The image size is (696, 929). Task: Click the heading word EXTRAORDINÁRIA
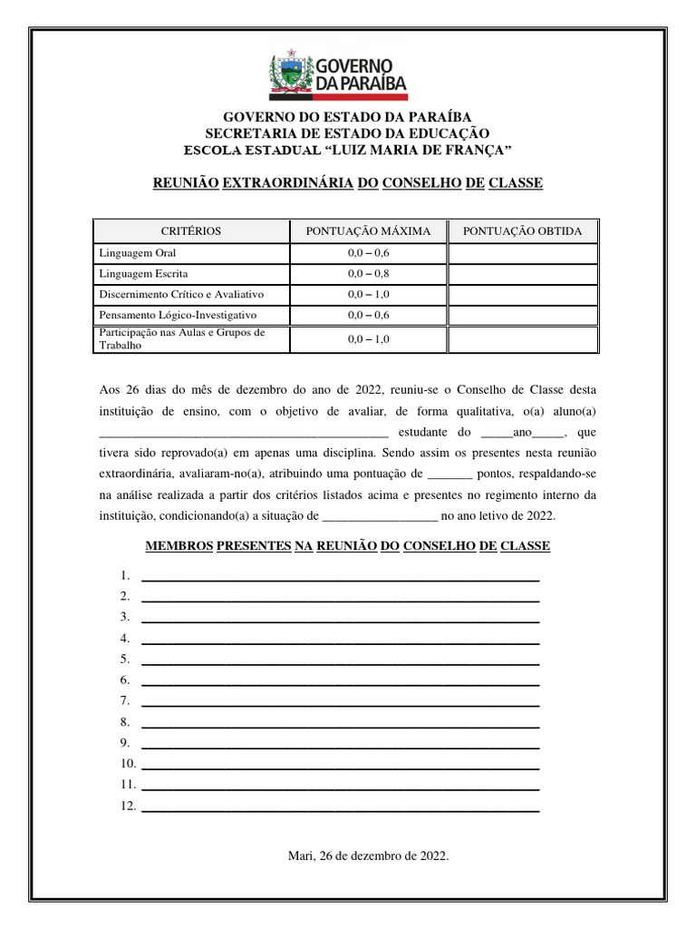pos(287,183)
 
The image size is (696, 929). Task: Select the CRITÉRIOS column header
pos(190,231)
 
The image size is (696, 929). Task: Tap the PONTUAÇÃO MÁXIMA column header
pos(368,231)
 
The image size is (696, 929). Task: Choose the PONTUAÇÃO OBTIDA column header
pos(523,231)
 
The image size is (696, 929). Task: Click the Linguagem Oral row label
pos(137,253)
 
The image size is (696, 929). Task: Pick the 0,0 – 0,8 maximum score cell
pos(368,273)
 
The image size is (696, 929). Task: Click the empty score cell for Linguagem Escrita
pos(523,273)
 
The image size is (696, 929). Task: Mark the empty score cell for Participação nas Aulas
pos(523,339)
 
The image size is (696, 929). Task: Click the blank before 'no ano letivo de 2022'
pos(380,517)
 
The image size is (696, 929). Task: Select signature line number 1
pos(341,577)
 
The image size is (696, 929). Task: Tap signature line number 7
pos(341,702)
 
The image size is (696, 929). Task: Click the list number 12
pos(127,806)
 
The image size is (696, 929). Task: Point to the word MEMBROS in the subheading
pos(179,546)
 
